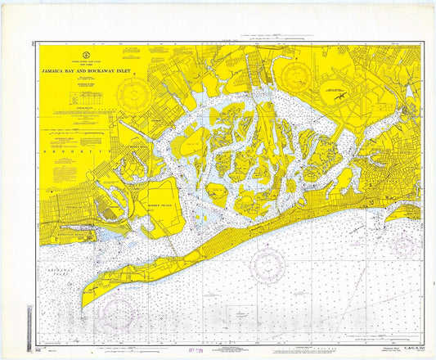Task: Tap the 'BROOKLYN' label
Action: (65, 153)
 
